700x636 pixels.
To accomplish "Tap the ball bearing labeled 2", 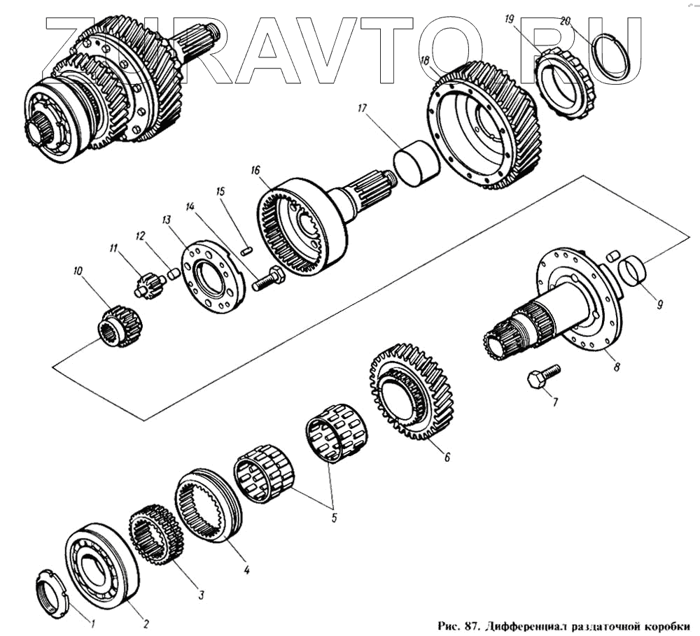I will [x=101, y=562].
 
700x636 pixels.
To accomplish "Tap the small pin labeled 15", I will [x=245, y=248].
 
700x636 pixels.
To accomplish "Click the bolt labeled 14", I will [x=268, y=281].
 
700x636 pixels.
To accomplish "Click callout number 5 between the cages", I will [x=334, y=518].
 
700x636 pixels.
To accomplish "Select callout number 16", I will [x=255, y=170].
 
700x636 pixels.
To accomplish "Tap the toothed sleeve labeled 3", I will [x=155, y=535].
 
